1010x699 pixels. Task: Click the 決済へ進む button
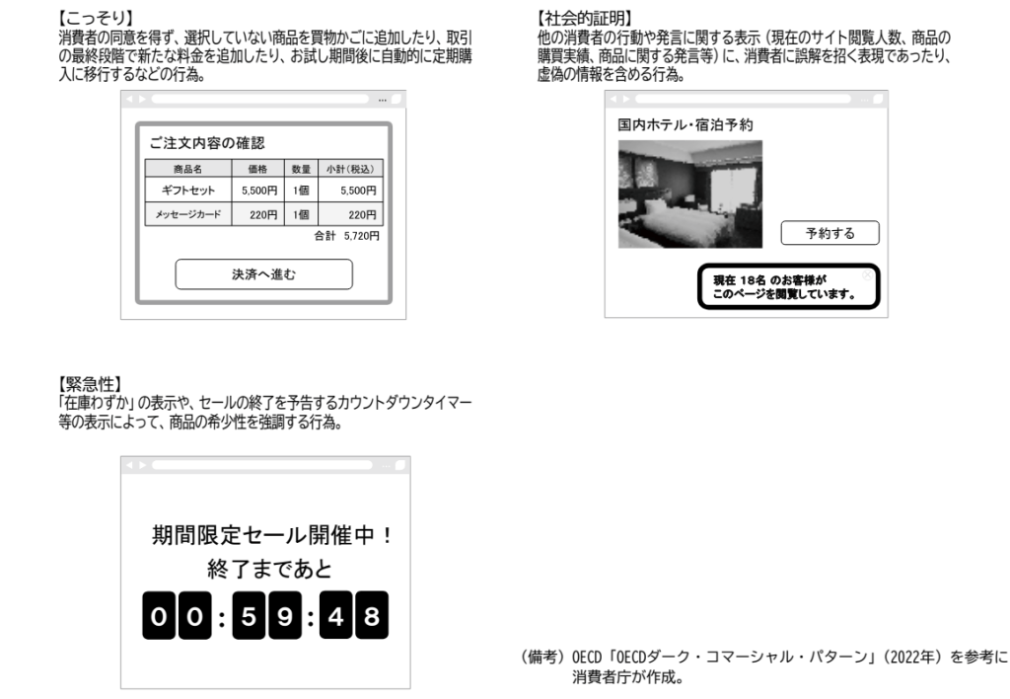pyautogui.click(x=263, y=273)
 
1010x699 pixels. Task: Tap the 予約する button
pyautogui.click(x=830, y=233)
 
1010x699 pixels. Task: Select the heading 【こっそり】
pyautogui.click(x=95, y=20)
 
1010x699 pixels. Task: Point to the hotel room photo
pyautogui.click(x=690, y=194)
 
